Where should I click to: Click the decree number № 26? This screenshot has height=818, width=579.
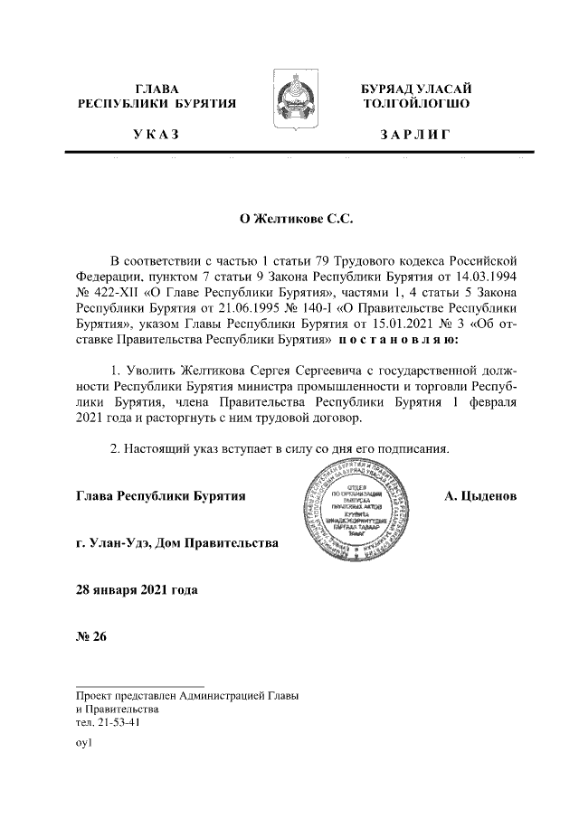[x=92, y=637]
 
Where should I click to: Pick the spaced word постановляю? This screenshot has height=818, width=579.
[x=399, y=343]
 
